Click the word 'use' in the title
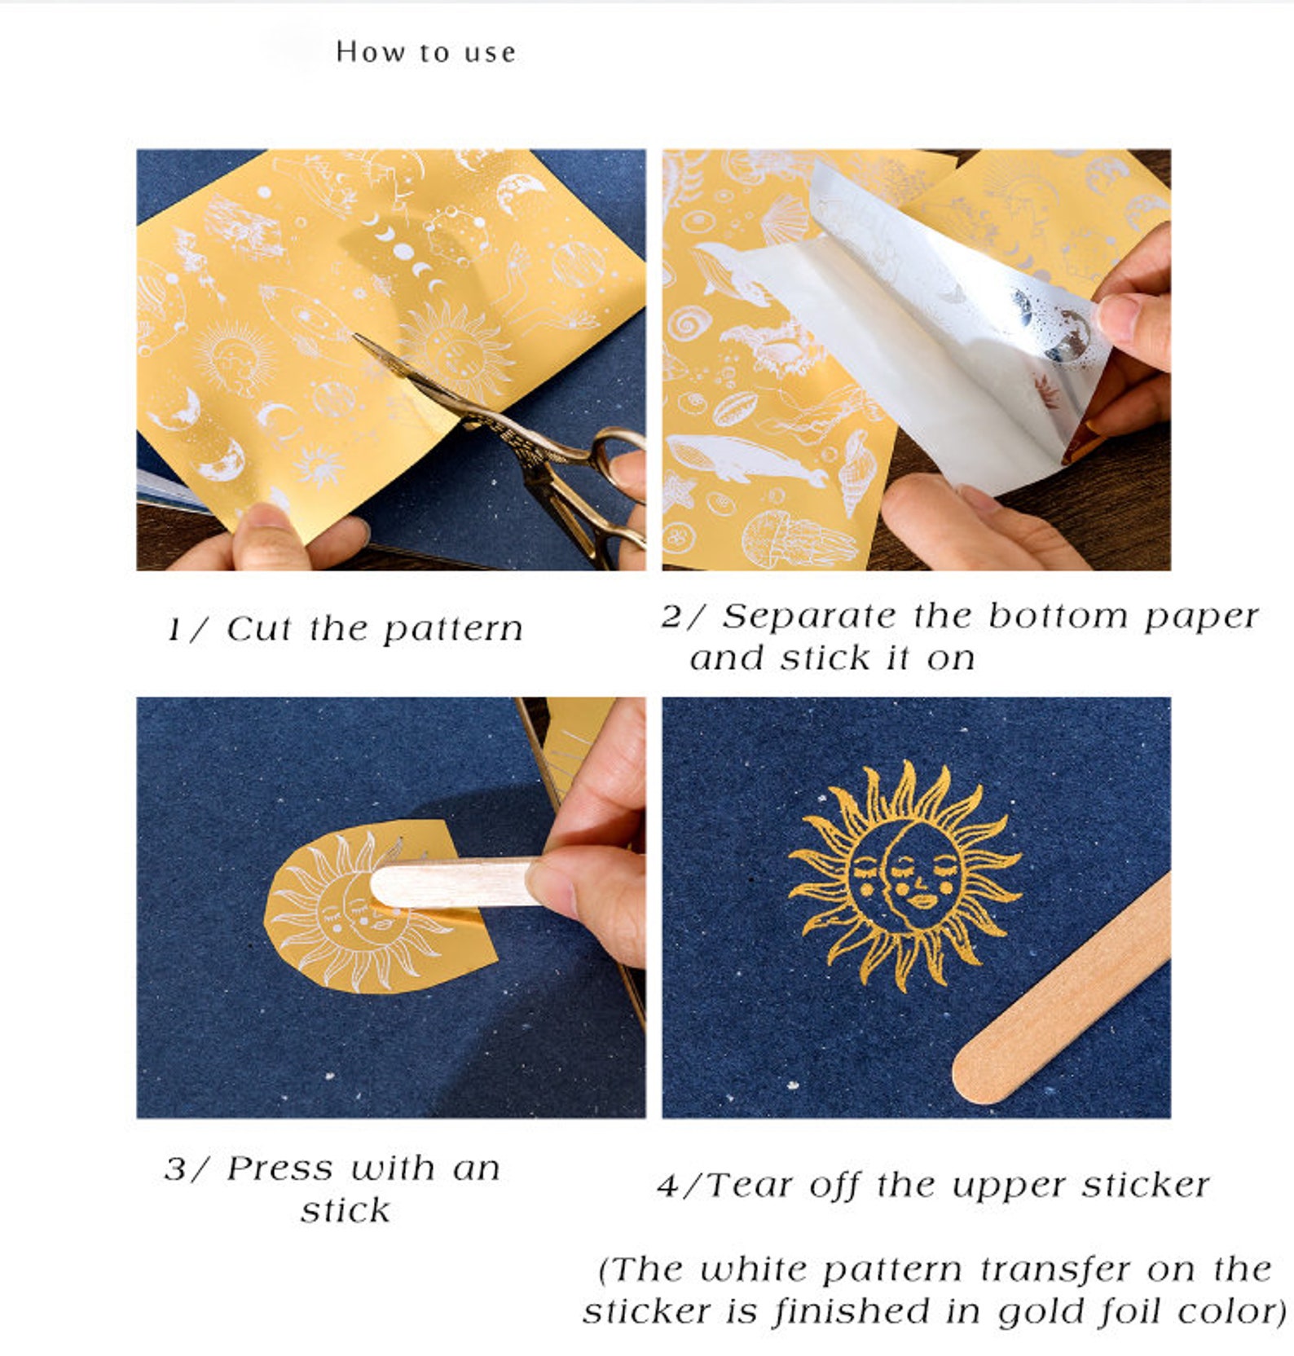tap(490, 53)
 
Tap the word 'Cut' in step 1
tap(260, 628)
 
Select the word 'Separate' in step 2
tap(809, 616)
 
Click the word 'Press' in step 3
tap(280, 1169)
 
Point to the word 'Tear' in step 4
tap(749, 1185)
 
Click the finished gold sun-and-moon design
tap(905, 876)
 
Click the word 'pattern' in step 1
tap(452, 630)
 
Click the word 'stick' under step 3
tap(345, 1211)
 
